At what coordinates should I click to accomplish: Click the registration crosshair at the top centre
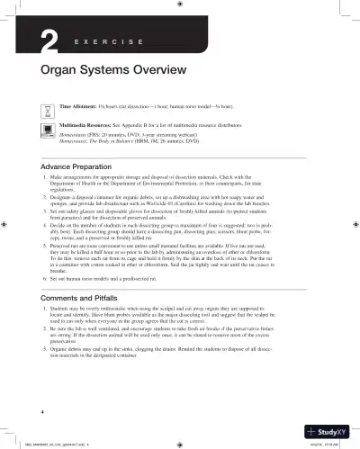point(180,6)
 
